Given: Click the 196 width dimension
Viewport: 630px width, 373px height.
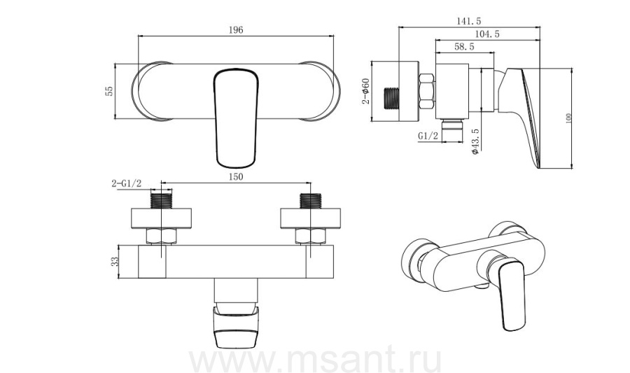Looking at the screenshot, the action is [x=236, y=30].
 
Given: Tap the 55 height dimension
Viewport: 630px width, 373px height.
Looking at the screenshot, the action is [x=109, y=91].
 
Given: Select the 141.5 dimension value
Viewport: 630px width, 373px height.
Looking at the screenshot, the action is [x=469, y=21].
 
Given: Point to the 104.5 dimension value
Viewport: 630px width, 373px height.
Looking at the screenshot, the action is [x=487, y=34].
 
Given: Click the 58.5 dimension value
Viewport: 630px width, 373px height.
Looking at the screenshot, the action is [x=464, y=47].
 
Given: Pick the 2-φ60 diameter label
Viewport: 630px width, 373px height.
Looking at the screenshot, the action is [x=365, y=91].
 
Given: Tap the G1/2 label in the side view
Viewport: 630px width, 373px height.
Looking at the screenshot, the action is [x=428, y=136].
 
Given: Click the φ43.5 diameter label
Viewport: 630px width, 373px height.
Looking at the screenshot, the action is [x=475, y=141].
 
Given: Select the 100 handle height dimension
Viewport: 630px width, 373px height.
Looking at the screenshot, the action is [x=568, y=118].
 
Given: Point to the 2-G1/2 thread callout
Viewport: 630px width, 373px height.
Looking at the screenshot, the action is [x=127, y=183].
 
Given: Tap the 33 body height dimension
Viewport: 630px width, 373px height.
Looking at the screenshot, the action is [x=115, y=262].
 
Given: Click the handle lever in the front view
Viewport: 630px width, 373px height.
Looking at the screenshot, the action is [x=235, y=118].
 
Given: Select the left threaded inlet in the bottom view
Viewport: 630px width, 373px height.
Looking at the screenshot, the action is [x=161, y=201].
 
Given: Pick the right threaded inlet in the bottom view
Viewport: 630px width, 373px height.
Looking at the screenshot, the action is [x=311, y=201].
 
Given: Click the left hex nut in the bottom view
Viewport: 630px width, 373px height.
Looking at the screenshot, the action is [x=161, y=236].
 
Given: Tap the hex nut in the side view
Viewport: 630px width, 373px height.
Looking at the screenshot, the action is [x=427, y=91].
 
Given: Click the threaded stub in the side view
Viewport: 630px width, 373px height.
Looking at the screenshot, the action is [x=392, y=99].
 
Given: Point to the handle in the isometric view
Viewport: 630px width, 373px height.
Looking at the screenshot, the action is [x=511, y=295].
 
